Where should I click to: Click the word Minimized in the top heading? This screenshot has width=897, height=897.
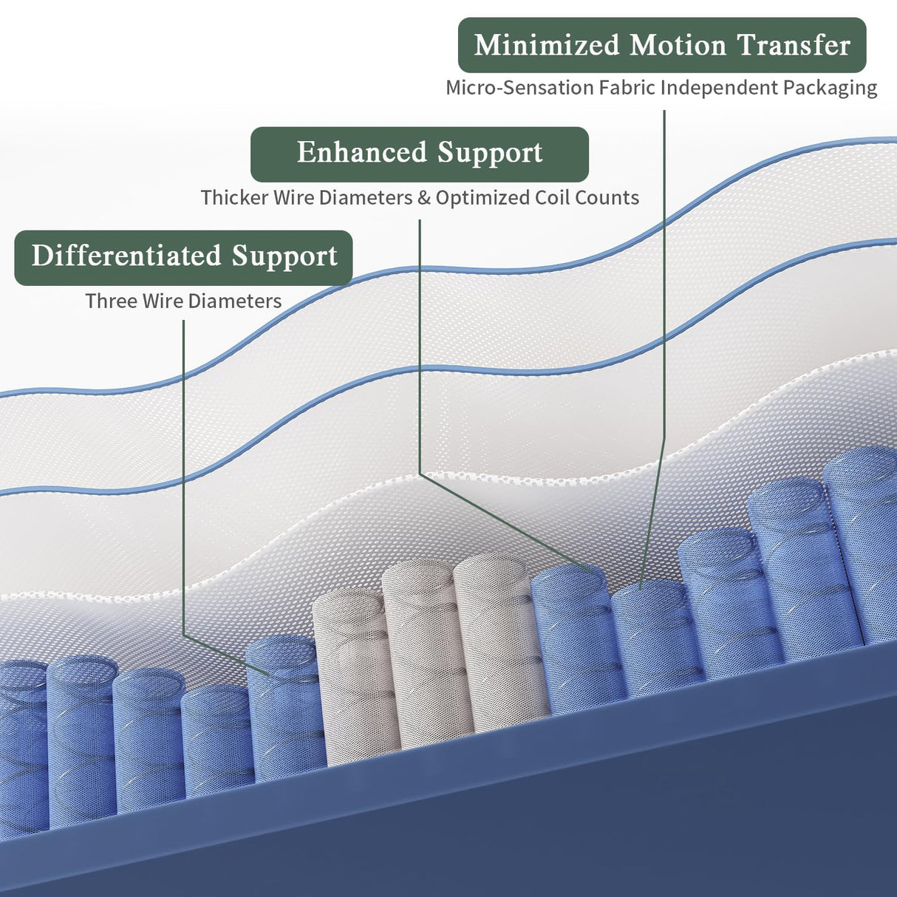click(x=547, y=45)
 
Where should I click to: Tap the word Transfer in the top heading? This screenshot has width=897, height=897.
click(x=794, y=45)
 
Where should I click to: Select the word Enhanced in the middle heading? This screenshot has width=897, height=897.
click(x=362, y=151)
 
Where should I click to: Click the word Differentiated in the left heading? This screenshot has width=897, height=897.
click(x=126, y=256)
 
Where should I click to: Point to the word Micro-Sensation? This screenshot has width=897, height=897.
click(x=519, y=87)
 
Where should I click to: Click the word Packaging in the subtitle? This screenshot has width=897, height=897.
click(x=830, y=89)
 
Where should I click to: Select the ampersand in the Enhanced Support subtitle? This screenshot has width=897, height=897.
click(x=424, y=198)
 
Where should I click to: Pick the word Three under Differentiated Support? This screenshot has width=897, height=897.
click(x=112, y=301)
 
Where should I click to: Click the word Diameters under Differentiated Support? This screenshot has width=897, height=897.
click(x=235, y=301)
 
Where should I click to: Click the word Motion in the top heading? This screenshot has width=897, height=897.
click(x=678, y=45)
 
